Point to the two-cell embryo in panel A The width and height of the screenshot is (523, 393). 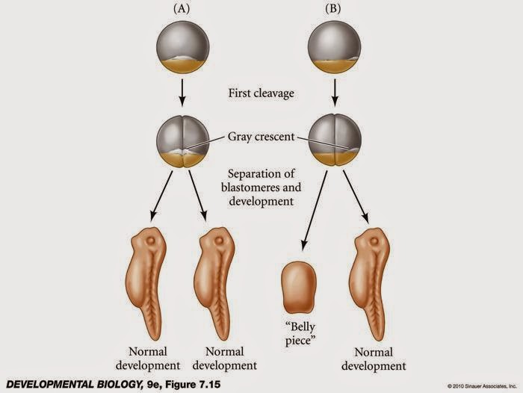tap(181, 140)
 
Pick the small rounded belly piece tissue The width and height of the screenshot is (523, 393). tap(298, 289)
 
